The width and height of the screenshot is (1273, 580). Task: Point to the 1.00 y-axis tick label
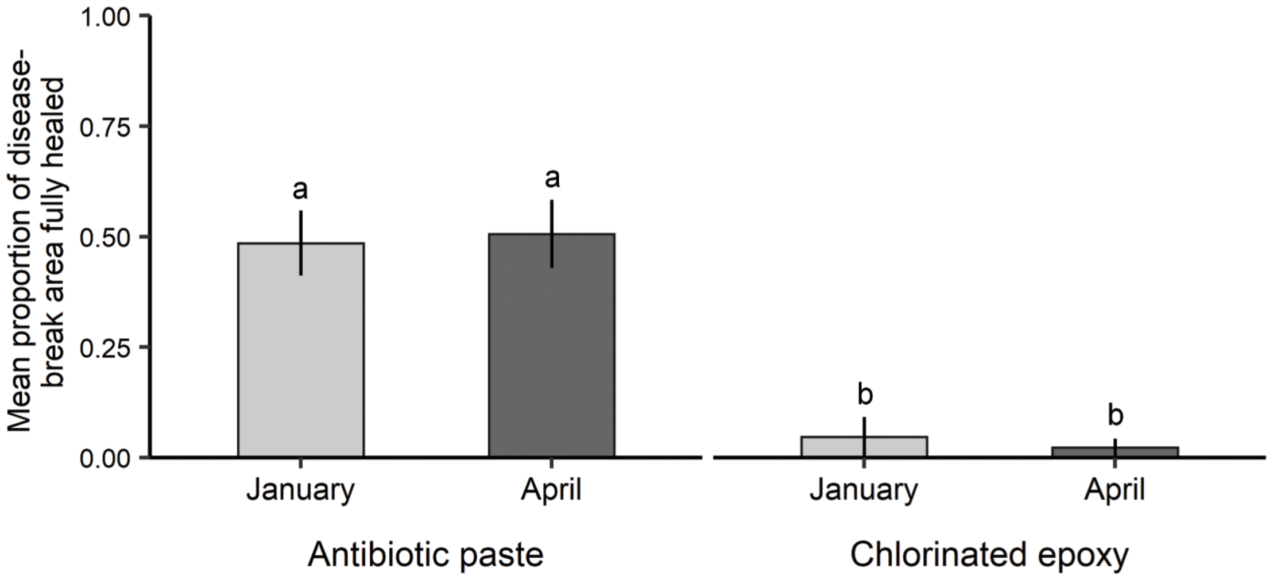click(106, 17)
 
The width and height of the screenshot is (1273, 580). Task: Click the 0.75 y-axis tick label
click(106, 127)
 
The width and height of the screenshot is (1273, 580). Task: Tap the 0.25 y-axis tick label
click(106, 348)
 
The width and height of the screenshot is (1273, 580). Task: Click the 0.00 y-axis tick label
click(106, 459)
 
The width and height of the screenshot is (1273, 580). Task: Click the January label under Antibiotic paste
click(301, 491)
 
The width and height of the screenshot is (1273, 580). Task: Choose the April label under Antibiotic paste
click(551, 491)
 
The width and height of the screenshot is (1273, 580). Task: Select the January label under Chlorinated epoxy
click(864, 491)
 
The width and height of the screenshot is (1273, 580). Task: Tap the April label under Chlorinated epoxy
click(1115, 491)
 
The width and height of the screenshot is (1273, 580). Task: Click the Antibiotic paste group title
click(425, 555)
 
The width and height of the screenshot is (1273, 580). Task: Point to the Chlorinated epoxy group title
click(989, 555)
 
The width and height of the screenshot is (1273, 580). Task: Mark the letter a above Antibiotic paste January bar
click(300, 190)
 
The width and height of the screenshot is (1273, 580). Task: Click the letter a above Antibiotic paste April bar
click(552, 179)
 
